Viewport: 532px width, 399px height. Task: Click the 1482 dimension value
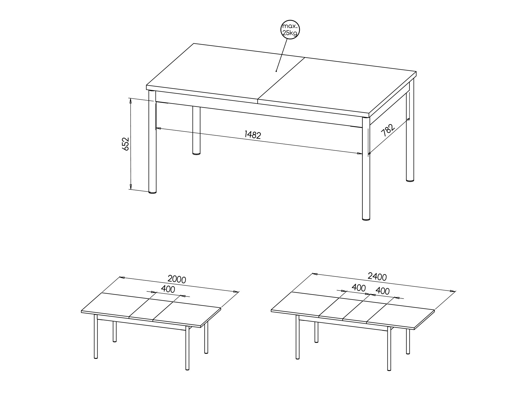coord(253,135)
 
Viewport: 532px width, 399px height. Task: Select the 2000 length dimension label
coord(177,279)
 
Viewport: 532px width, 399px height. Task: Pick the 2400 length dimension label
coord(377,276)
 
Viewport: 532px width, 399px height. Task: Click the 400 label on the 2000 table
coord(168,289)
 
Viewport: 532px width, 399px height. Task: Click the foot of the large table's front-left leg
coord(152,192)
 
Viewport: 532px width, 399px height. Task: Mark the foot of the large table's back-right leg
coord(410,180)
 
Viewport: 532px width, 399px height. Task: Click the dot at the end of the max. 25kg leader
coord(276,71)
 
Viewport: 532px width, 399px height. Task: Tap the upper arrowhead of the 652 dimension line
coord(130,101)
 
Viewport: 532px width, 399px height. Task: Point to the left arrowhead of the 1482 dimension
coord(159,129)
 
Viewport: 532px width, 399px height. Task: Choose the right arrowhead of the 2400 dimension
coord(453,291)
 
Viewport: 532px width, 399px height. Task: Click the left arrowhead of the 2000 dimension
coord(122,277)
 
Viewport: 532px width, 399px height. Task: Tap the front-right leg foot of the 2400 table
coord(389,370)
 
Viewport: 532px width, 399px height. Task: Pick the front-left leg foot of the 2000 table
coord(96,358)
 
